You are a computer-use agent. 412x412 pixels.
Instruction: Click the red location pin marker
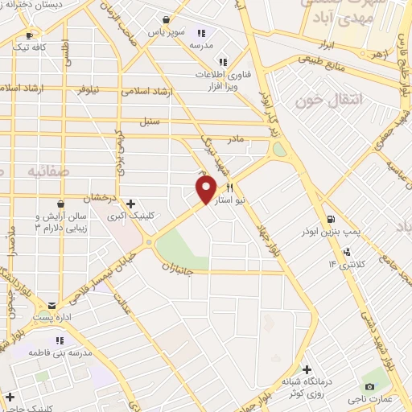pos(206,189)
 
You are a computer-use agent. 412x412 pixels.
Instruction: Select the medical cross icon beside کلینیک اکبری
pos(131,204)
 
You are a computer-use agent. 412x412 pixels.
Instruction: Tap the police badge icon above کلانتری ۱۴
pos(347,251)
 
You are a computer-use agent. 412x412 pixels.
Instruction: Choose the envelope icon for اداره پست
pos(52,307)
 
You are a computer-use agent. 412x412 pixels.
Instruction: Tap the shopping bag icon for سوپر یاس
pos(166,20)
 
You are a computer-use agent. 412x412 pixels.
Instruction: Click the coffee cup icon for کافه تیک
pos(30,35)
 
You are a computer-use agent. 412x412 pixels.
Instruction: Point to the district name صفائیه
pos(47,171)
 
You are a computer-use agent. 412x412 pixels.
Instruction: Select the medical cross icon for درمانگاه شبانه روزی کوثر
pos(307,369)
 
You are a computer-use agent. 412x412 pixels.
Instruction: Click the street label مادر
pos(236,138)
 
